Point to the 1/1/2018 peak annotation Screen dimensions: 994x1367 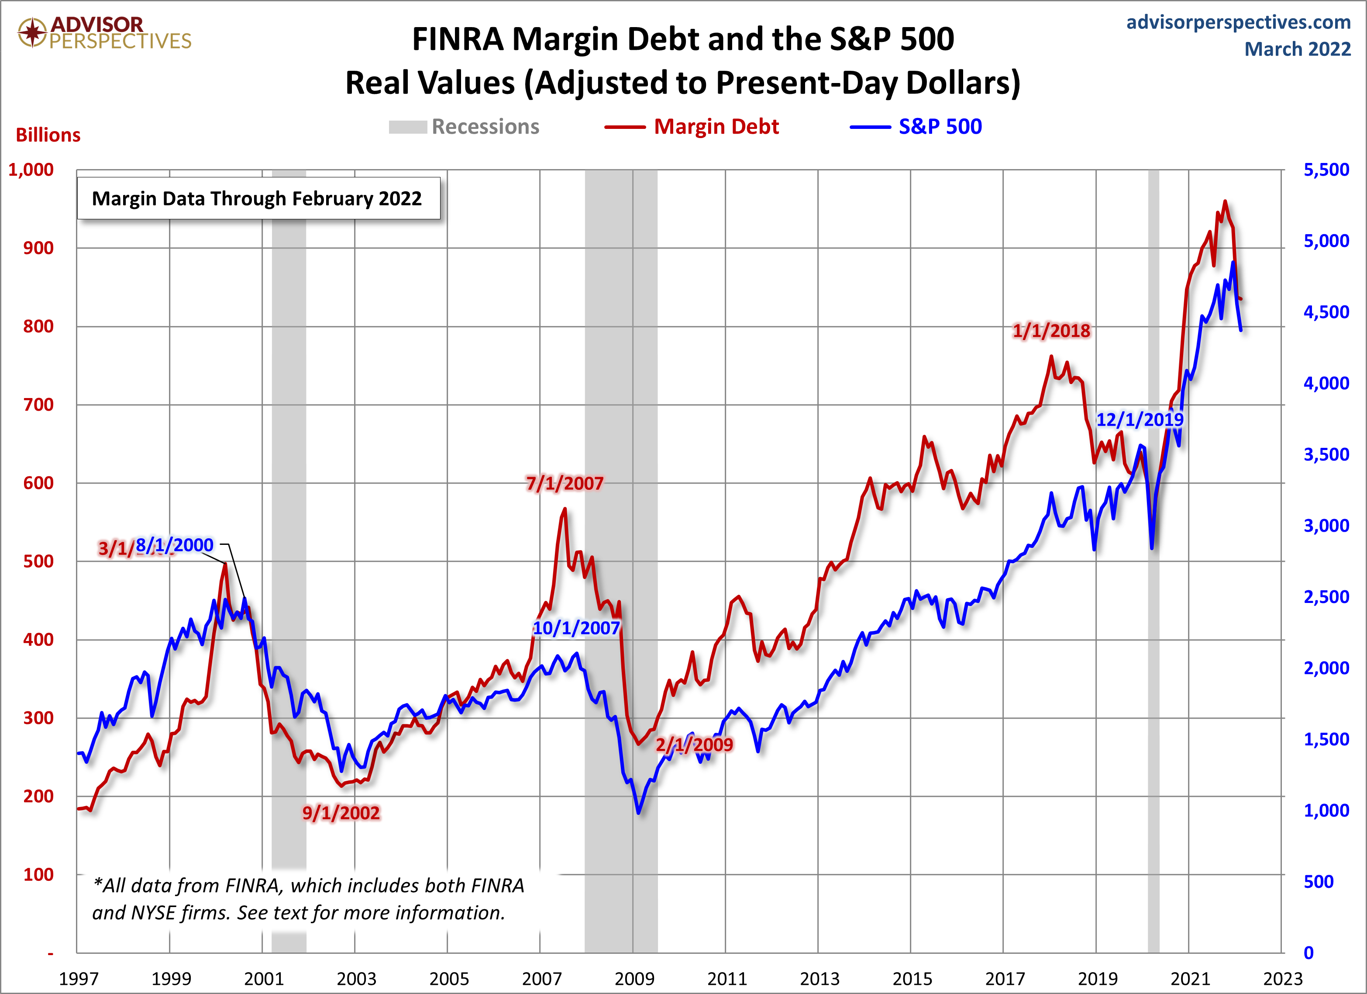pos(1051,330)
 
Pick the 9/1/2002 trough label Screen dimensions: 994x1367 pos(341,812)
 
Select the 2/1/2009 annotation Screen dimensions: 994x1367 pos(694,744)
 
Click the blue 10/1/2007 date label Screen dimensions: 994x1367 pos(576,628)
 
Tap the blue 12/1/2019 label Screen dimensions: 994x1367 pos(1139,419)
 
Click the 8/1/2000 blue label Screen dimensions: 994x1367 pos(174,545)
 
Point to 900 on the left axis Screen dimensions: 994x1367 pos(38,248)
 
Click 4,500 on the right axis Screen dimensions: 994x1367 pos(1326,312)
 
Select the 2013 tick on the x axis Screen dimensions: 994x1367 pos(819,978)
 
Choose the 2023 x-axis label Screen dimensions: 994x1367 pos(1282,978)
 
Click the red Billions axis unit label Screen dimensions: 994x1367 pos(48,135)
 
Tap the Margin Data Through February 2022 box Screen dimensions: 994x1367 pos(258,198)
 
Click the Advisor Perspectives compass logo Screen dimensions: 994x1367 pos(32,32)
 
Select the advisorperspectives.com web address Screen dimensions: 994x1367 pos(1238,22)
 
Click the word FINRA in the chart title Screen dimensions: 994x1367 pos(458,40)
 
